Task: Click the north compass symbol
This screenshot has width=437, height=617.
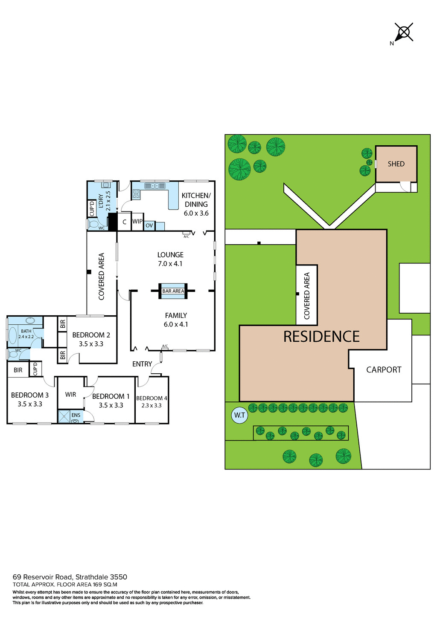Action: click(403, 32)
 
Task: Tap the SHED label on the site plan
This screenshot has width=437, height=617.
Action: click(396, 164)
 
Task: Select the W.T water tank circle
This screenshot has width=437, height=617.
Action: click(239, 415)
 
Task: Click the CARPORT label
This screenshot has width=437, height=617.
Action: click(384, 370)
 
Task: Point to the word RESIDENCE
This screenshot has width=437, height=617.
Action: click(321, 337)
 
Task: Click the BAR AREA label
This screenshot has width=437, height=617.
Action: click(173, 291)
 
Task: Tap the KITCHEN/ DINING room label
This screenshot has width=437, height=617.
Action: click(196, 204)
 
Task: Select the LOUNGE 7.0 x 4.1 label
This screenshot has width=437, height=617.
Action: click(170, 259)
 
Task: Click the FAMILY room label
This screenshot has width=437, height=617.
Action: click(176, 320)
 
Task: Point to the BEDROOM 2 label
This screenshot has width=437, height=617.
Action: click(91, 339)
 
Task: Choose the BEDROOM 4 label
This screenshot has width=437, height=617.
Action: click(151, 401)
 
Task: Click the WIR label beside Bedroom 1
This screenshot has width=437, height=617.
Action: click(71, 395)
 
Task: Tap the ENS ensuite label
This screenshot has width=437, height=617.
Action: click(76, 415)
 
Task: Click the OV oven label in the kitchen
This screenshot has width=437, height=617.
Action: click(149, 225)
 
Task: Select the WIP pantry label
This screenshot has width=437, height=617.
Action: click(137, 222)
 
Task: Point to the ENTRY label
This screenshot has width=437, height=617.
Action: click(142, 364)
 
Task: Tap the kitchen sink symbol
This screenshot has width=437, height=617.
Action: click(154, 186)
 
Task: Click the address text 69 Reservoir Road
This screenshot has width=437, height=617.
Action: click(70, 577)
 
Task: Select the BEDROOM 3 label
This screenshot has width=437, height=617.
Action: click(30, 400)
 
